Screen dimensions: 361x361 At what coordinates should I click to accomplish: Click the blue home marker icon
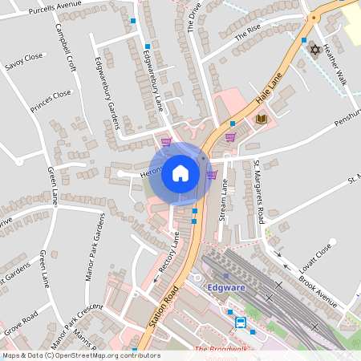pos(180,173)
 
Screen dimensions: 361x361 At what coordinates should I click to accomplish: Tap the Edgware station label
pos(227,287)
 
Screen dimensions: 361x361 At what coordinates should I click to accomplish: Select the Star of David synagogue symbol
pos(314,50)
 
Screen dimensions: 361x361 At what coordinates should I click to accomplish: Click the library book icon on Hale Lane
pos(261,120)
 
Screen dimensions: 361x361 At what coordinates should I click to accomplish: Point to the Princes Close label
pos(51,101)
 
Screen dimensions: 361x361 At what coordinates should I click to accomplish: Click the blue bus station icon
pos(241,322)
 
